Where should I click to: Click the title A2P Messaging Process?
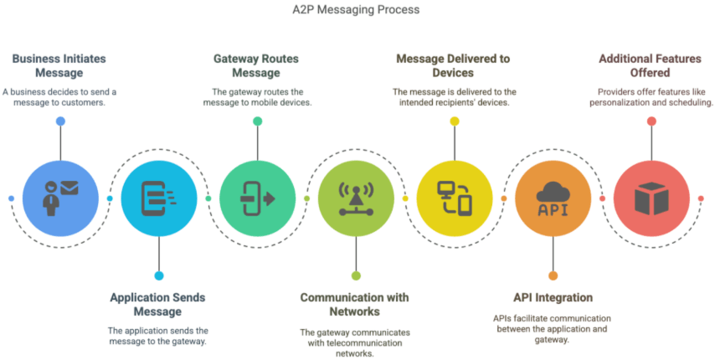coord(357,10)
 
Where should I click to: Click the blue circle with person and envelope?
coord(60,198)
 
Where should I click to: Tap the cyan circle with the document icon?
coord(158,198)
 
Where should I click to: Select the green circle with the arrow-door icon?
coord(257,198)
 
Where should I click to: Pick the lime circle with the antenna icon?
coord(356,198)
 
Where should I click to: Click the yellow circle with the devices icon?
coord(455,198)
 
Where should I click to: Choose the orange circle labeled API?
coord(553,198)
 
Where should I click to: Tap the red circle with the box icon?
coord(651,198)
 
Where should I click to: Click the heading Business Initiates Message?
coord(59,65)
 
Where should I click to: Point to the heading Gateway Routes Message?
coord(256,65)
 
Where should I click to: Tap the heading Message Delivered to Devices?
coord(454,65)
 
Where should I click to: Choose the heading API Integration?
coord(553,297)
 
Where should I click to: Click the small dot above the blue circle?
coord(60,121)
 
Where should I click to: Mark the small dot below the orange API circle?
coord(553,275)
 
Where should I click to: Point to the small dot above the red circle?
coord(651,121)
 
